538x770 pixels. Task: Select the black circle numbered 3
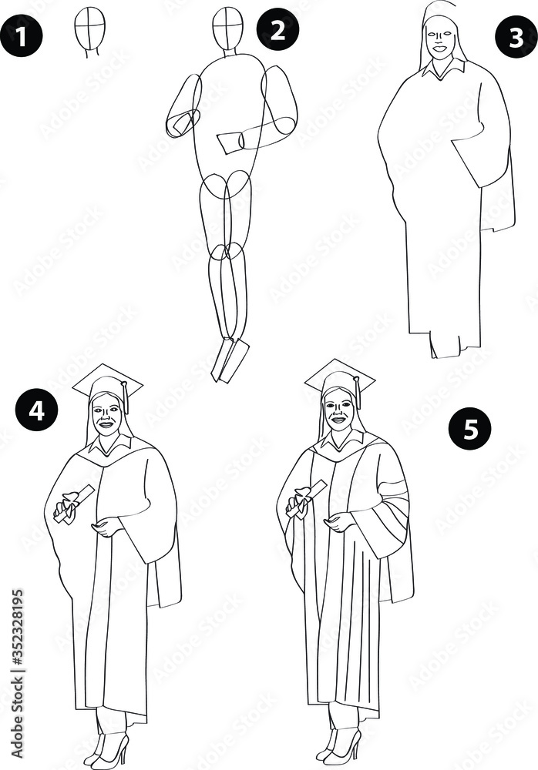point(516,37)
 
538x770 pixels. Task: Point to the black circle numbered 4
point(36,410)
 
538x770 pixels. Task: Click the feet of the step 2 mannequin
point(230,360)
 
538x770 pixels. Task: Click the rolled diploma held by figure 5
point(306,499)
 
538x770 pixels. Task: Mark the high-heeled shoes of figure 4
point(107,750)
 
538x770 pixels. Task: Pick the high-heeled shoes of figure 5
point(338,747)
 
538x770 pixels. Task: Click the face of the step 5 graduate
point(338,410)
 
